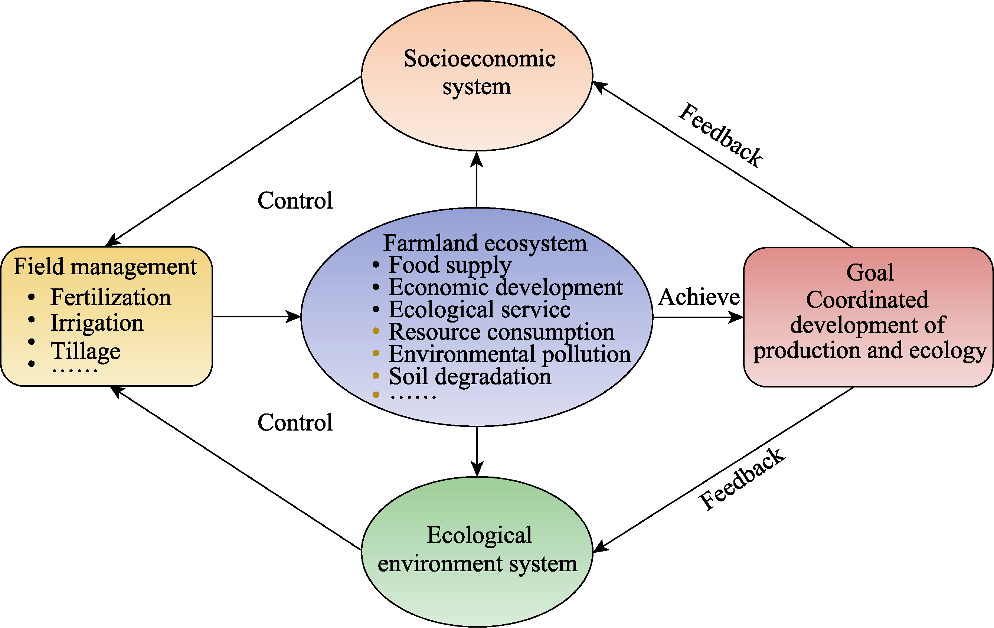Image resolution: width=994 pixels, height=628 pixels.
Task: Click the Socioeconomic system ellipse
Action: (x=477, y=74)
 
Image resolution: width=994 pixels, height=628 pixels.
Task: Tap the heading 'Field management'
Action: (x=105, y=266)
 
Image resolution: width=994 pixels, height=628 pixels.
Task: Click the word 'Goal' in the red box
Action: (x=870, y=272)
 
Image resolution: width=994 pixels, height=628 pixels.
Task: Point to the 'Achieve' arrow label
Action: (x=699, y=297)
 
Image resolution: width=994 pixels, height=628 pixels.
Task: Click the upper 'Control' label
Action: (x=295, y=201)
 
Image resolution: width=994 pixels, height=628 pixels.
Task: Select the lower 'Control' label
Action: (x=295, y=422)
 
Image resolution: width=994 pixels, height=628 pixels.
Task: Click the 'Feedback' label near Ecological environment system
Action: (x=742, y=479)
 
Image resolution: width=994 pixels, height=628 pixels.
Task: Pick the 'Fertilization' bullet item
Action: (x=111, y=297)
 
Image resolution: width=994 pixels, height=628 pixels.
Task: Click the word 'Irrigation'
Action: (x=97, y=323)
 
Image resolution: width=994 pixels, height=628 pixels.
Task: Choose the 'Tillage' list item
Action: (x=85, y=351)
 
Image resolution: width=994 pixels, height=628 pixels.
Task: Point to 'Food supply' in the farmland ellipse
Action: (x=450, y=265)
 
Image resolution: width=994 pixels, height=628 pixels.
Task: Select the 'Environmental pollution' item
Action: (x=510, y=354)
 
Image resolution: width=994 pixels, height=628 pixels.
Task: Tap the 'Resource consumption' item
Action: (x=501, y=332)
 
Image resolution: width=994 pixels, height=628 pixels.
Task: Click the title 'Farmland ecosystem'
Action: (x=485, y=243)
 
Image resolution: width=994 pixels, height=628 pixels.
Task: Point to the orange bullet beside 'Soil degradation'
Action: (x=376, y=375)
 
